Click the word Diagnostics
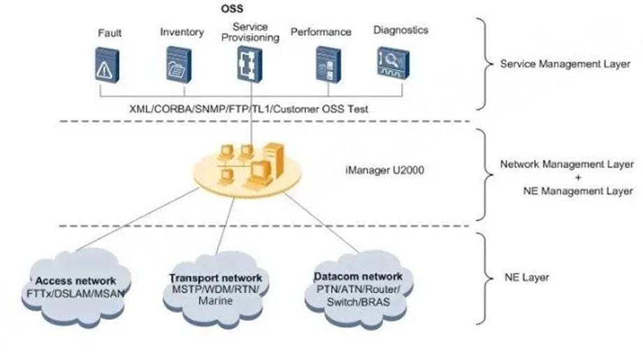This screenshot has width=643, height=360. point(400,30)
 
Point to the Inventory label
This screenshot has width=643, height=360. point(182,32)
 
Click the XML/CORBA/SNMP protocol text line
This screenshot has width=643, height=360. point(249,109)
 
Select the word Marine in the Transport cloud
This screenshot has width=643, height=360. point(215,301)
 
